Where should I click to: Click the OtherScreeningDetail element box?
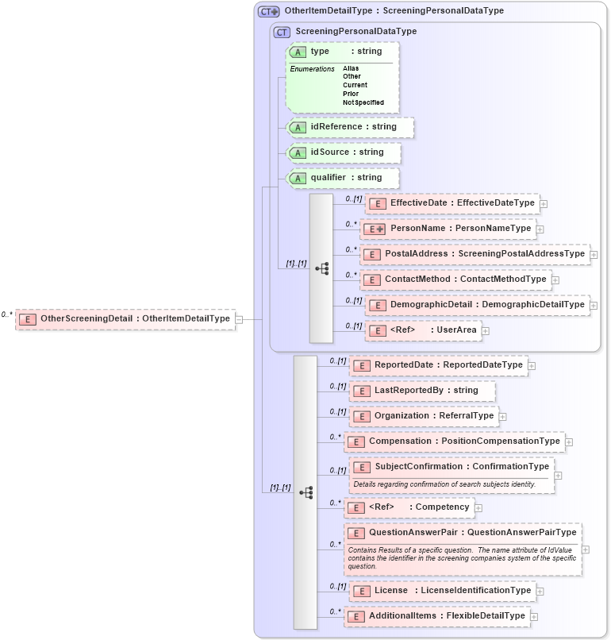[x=125, y=319]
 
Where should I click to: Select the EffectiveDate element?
[x=452, y=203]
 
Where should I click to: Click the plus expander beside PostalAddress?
[x=594, y=255]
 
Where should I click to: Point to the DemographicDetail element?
[x=477, y=305]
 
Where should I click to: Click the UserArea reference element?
[x=423, y=330]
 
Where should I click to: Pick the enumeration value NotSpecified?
[x=363, y=102]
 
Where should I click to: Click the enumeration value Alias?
[x=351, y=68]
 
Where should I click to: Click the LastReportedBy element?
[x=423, y=391]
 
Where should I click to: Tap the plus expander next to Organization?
[x=503, y=416]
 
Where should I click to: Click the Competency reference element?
[x=408, y=507]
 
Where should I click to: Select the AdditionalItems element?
[x=436, y=616]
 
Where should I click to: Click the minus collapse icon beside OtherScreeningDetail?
[x=239, y=319]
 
